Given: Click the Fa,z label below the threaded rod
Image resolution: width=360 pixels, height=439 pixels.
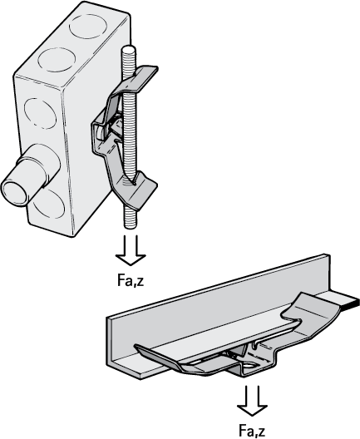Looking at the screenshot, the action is [x=131, y=280].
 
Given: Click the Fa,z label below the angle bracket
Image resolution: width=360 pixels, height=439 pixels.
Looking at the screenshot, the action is [x=252, y=431].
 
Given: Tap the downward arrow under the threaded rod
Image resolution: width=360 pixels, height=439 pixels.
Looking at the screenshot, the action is [x=131, y=250].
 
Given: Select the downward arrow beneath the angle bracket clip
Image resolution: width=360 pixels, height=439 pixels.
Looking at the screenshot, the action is [x=252, y=401].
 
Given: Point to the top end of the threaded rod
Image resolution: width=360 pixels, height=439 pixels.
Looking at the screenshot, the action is [x=128, y=51].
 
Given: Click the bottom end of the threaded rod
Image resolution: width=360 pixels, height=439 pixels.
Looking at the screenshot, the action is [x=131, y=226].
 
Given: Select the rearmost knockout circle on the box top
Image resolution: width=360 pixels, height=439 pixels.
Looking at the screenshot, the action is [x=88, y=27].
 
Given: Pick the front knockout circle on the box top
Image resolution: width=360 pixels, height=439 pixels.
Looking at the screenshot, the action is [x=57, y=60].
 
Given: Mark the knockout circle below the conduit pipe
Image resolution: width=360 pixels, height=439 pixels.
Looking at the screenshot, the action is [x=49, y=204].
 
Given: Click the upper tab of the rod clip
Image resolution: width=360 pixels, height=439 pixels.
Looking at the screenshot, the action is [x=140, y=78].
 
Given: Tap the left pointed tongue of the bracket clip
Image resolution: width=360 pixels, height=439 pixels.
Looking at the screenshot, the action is [x=157, y=356].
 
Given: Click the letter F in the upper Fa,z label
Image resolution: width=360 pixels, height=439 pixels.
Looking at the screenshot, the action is [x=121, y=280].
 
